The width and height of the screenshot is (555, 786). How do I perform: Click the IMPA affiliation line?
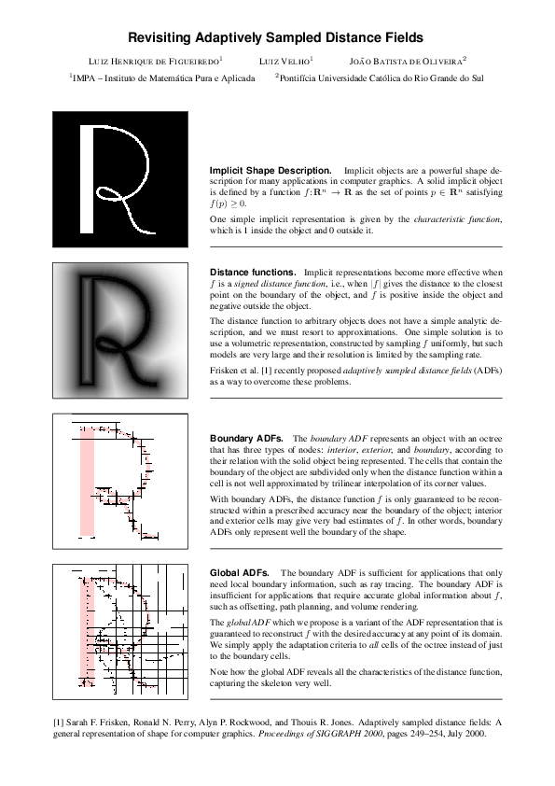tap(163, 78)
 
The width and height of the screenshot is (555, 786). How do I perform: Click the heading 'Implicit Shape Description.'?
tap(270, 171)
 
